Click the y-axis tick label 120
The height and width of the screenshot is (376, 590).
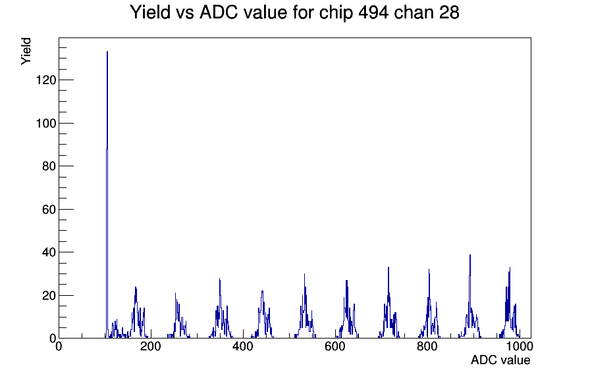[46, 80]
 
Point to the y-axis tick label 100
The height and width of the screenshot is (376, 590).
[46, 123]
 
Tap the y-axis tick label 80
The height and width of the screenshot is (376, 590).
[49, 166]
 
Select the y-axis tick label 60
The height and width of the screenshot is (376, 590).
[49, 210]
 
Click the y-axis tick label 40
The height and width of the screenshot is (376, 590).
[49, 252]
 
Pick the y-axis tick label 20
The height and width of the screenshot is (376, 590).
[49, 296]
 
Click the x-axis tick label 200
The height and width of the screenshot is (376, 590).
[151, 346]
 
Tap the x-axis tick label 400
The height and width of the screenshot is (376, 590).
[243, 346]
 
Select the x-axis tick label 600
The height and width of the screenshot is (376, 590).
[335, 346]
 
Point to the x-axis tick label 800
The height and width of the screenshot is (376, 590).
[427, 346]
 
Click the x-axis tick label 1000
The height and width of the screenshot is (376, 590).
[520, 346]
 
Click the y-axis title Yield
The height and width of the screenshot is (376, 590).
[26, 51]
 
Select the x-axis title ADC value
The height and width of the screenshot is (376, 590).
[500, 360]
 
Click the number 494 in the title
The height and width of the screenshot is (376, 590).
[373, 12]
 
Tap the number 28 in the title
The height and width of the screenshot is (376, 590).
[449, 12]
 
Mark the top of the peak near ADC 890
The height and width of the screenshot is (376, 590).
[470, 254]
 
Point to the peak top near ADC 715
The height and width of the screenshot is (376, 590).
[389, 268]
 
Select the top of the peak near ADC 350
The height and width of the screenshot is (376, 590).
[219, 279]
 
